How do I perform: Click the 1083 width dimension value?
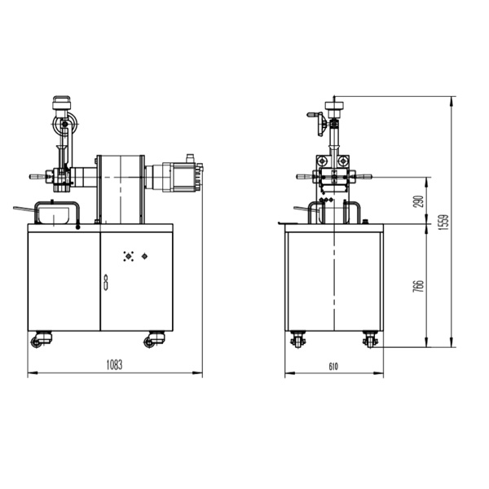click(114, 365)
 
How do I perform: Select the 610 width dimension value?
click(333, 367)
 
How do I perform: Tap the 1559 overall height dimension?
click(443, 222)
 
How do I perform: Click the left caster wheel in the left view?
click(42, 339)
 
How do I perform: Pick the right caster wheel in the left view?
click(154, 339)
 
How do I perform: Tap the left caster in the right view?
click(297, 339)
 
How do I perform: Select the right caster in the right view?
click(370, 339)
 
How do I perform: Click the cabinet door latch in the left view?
click(106, 283)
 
